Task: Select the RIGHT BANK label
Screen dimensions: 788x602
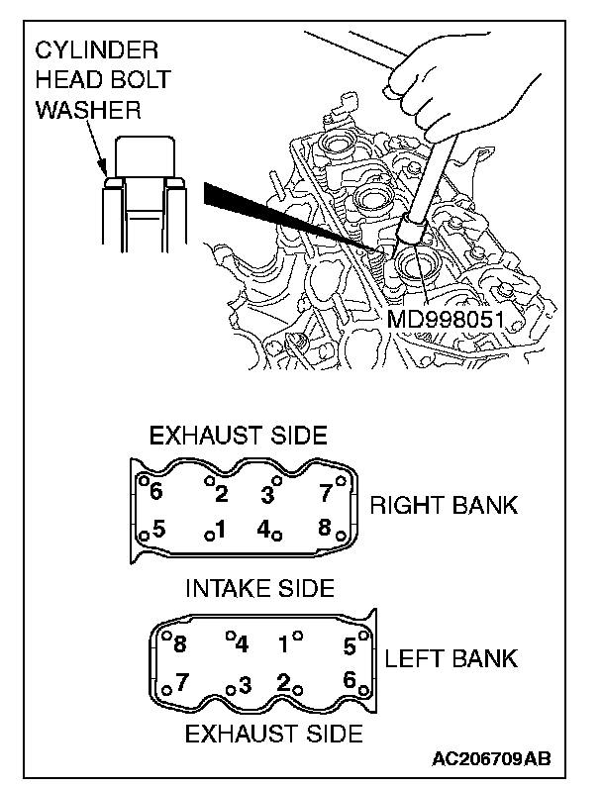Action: [444, 505]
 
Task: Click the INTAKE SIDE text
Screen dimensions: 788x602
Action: [260, 587]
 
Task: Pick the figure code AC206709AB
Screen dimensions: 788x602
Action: [491, 759]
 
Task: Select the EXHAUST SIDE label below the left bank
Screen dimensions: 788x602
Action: [274, 734]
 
